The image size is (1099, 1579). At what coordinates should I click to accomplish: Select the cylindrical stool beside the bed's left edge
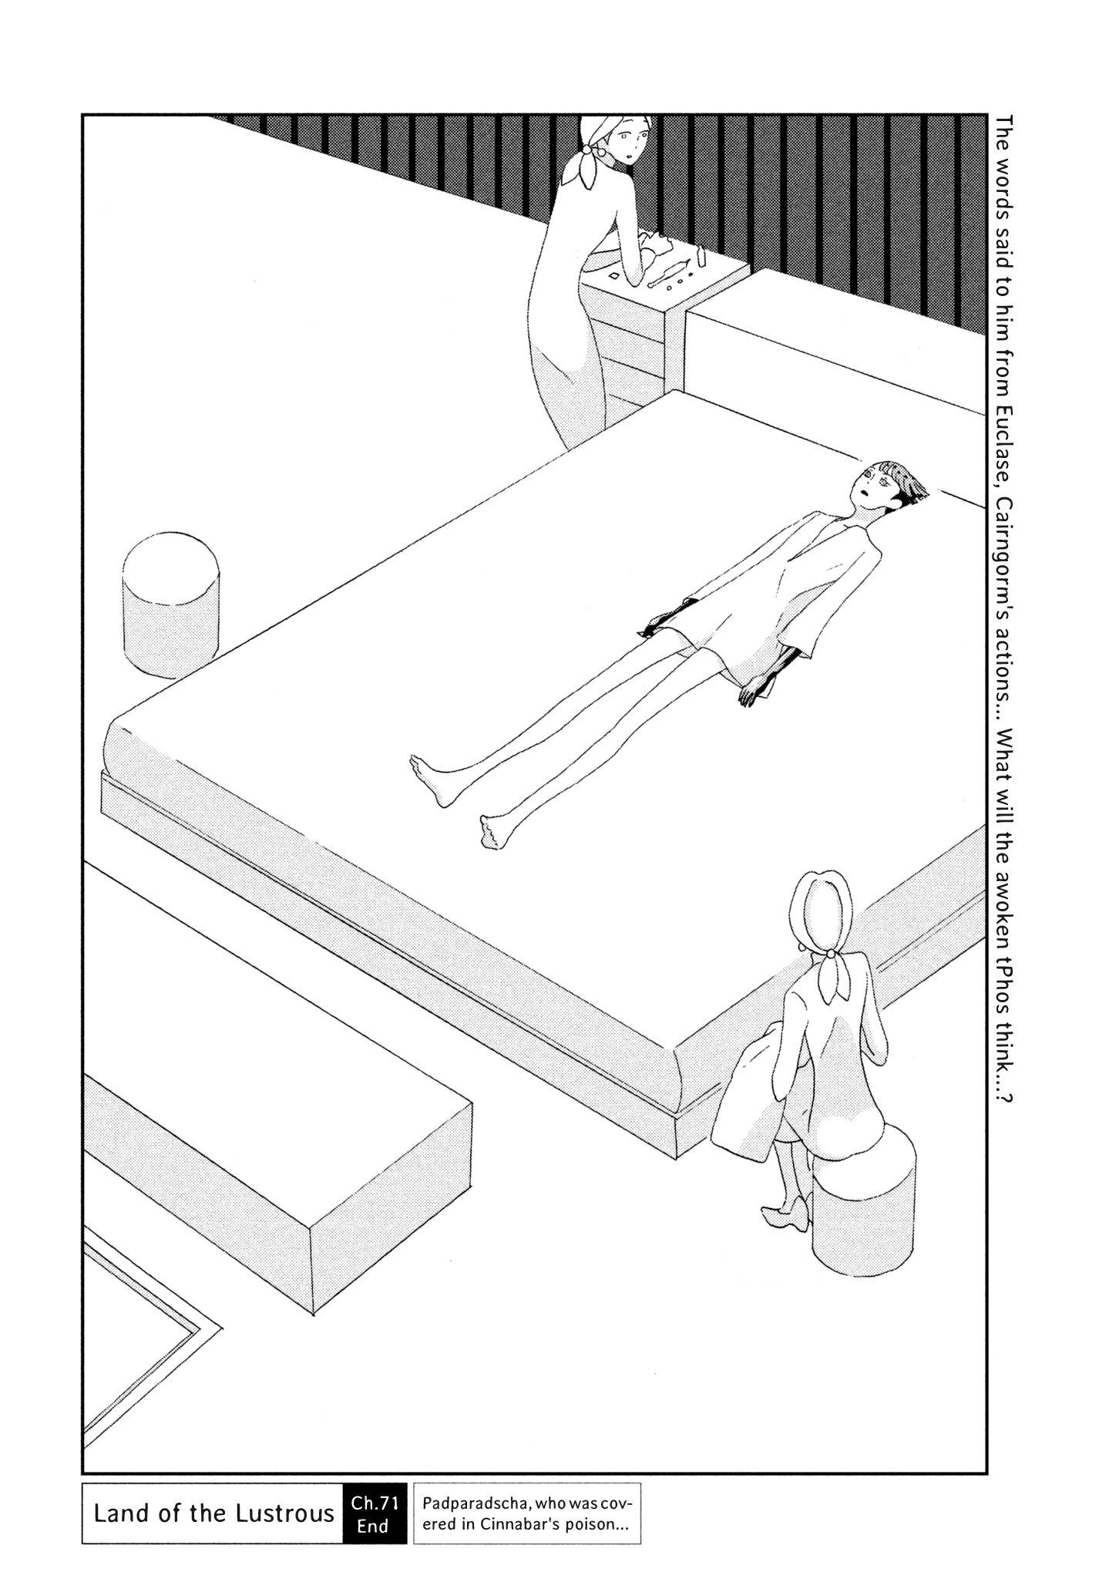(x=170, y=605)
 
